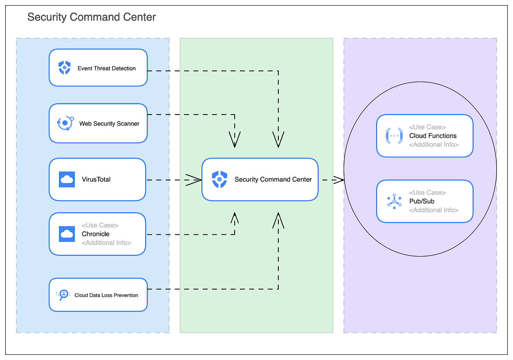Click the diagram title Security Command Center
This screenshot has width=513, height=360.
[91, 17]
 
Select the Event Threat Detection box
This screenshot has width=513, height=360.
[98, 68]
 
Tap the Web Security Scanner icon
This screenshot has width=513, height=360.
[65, 123]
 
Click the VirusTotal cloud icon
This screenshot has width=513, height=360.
[67, 180]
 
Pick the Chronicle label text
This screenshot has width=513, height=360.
[96, 234]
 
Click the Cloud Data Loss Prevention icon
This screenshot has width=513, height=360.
[63, 295]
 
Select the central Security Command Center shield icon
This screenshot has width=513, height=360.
[219, 179]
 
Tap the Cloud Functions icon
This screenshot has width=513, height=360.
[394, 136]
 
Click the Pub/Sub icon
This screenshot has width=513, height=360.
[394, 201]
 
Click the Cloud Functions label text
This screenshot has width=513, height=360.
[433, 136]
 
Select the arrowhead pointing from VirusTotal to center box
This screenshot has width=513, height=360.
[195, 180]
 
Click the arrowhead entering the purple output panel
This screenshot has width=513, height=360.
[338, 180]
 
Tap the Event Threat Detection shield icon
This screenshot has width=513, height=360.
[65, 68]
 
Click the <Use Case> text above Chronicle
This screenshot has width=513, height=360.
[100, 225]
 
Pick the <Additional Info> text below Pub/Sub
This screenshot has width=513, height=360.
[433, 210]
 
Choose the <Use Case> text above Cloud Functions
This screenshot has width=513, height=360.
[427, 127]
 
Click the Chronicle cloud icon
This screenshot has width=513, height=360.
[67, 234]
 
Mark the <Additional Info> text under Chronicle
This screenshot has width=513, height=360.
[106, 243]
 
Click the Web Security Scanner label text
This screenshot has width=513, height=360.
[109, 124]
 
